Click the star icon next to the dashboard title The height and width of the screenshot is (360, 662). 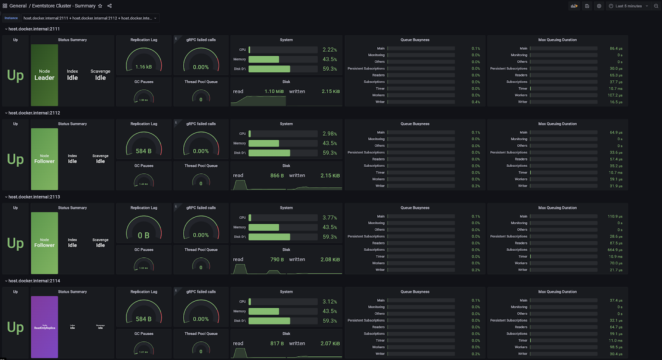(x=100, y=6)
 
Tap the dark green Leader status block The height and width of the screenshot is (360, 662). (x=44, y=75)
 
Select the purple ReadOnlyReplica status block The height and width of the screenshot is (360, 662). (x=44, y=327)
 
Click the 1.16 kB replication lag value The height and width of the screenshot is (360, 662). (x=144, y=67)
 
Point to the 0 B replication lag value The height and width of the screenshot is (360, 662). (x=144, y=235)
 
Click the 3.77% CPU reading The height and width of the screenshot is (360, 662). (x=330, y=218)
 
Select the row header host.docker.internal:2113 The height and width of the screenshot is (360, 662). (x=34, y=197)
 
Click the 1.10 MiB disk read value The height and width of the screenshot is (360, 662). (x=274, y=91)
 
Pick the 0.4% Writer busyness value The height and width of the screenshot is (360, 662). (x=476, y=102)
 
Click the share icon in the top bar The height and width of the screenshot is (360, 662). (x=110, y=6)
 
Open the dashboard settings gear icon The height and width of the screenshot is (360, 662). (x=599, y=6)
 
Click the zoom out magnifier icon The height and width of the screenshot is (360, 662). (x=656, y=6)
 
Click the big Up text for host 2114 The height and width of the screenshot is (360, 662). (x=15, y=327)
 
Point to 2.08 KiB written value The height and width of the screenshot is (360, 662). (x=330, y=259)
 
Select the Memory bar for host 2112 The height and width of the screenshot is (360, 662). (x=264, y=143)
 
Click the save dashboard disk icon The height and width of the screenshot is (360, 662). (x=587, y=6)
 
